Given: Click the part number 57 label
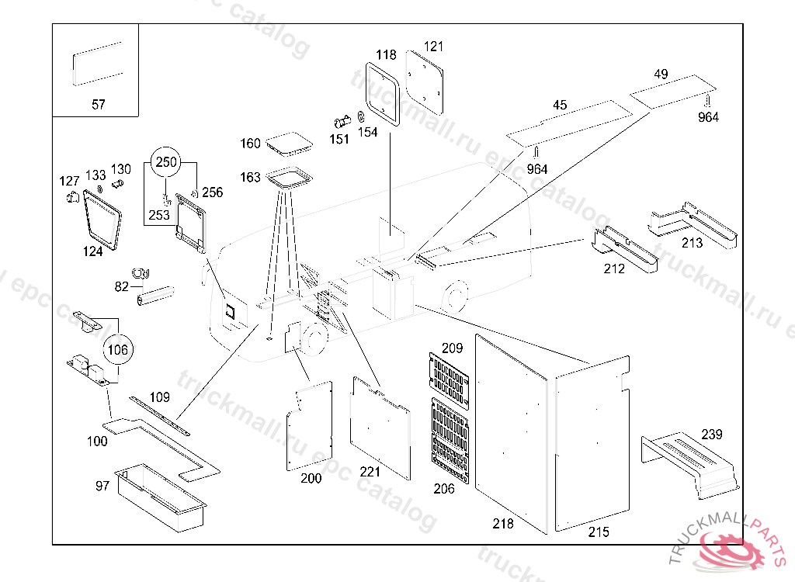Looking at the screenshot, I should (99, 104).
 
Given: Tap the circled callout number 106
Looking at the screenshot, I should (117, 350).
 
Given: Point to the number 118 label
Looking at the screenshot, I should (386, 55).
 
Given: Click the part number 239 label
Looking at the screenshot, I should (712, 434).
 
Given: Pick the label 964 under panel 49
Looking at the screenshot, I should (708, 117).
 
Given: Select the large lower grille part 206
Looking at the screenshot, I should (451, 441).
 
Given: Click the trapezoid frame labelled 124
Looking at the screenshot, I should (103, 220).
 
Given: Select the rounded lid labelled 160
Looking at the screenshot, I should (286, 144).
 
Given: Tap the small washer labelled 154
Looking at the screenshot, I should (361, 118).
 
